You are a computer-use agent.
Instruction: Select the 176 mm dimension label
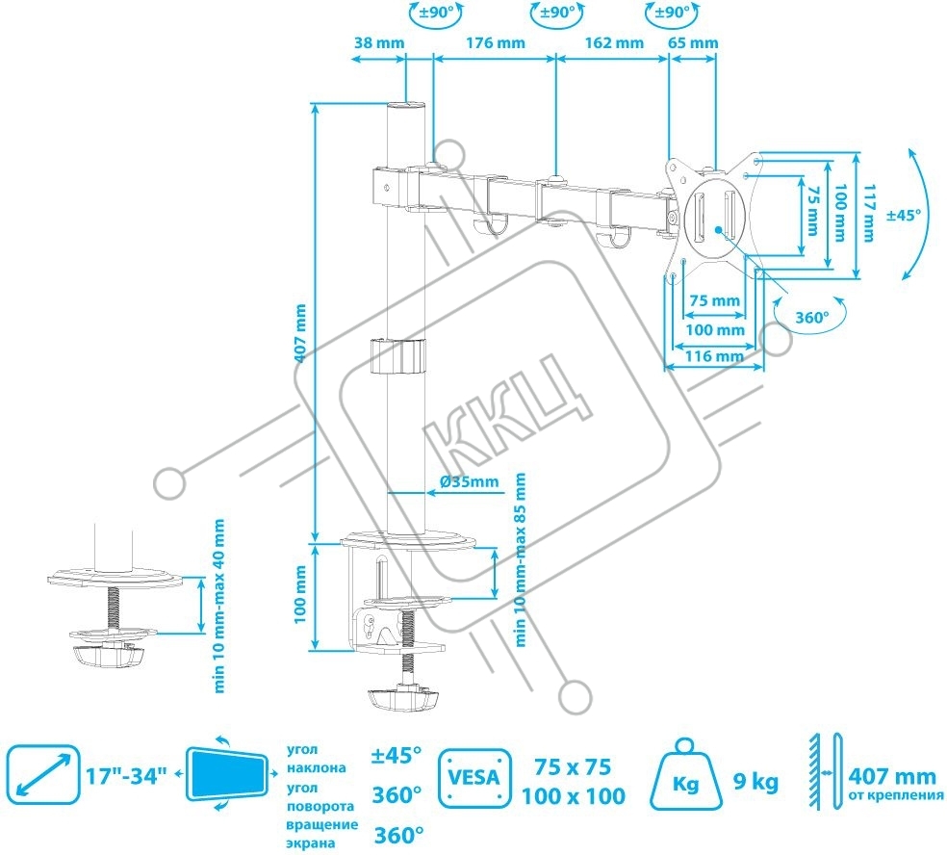pos(496,43)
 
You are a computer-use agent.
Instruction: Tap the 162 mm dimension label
pos(614,43)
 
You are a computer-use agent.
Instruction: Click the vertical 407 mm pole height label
pos(300,333)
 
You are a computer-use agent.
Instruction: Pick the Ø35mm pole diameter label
pos(470,481)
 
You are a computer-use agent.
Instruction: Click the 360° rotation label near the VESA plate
pos(811,317)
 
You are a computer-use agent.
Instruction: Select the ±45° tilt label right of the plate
pos(904,215)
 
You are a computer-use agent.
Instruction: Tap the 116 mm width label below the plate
pos(714,356)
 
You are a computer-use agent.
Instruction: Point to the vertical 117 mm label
pos(868,213)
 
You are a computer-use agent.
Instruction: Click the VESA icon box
pos(474,778)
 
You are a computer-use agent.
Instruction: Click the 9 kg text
pos(755,782)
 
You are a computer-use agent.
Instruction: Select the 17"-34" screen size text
pos(126,775)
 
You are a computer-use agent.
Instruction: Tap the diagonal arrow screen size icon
pos(43,775)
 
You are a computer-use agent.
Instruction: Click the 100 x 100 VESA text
pos(574,795)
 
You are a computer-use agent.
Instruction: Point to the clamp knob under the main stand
pos(402,698)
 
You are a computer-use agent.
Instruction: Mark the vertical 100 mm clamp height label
pos(300,595)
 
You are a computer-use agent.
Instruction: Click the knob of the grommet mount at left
pos(109,655)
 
